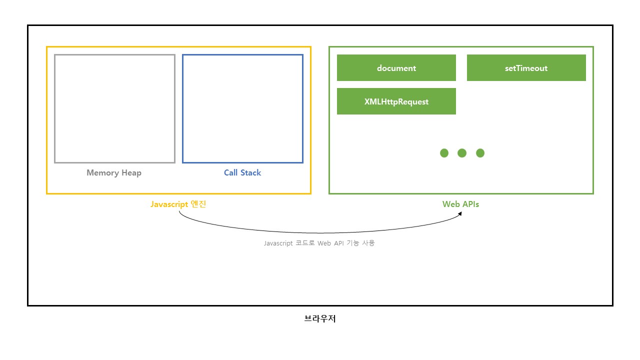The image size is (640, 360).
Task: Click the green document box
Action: tap(396, 68)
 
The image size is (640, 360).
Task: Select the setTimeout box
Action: tap(526, 68)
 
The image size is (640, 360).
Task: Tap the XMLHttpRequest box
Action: tap(396, 101)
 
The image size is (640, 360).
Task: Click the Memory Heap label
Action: tap(114, 173)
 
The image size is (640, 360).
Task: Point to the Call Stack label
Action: tap(242, 173)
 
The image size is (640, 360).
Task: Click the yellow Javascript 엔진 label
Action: tap(178, 204)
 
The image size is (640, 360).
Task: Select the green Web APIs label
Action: tap(460, 204)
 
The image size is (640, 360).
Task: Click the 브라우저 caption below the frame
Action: tap(320, 318)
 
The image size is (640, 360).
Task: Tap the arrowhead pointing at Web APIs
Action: tap(459, 213)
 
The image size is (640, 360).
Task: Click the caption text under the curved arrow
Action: tap(319, 243)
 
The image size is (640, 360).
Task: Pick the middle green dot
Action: tap(462, 153)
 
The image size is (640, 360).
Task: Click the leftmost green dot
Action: tap(444, 153)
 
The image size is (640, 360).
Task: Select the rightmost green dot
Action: tap(480, 153)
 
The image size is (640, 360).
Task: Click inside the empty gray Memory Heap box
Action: tap(114, 108)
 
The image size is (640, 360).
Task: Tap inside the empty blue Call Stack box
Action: tap(242, 108)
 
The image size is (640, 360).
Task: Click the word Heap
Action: tap(131, 173)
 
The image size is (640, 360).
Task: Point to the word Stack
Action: tap(250, 173)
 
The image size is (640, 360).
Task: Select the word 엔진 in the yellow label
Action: tap(198, 204)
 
